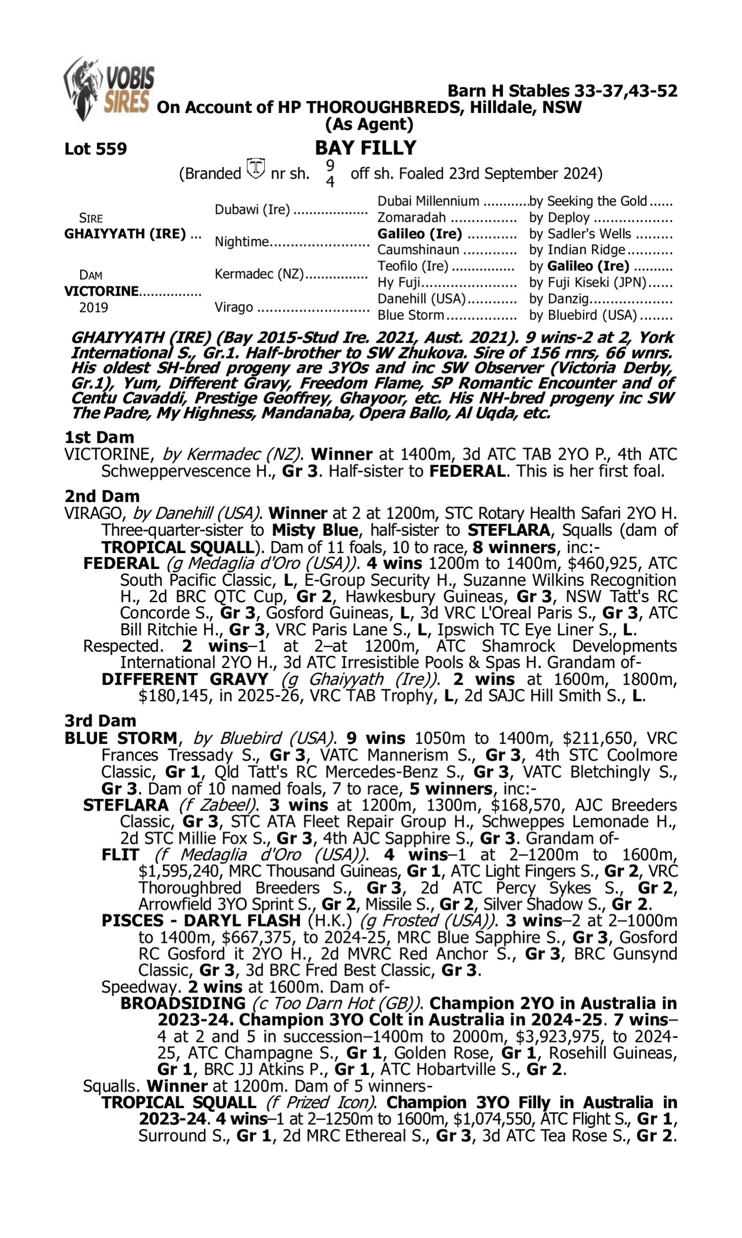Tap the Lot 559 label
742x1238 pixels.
point(95,149)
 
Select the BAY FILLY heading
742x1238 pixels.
point(366,148)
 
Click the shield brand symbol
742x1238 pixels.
point(256,168)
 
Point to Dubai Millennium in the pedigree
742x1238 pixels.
point(428,201)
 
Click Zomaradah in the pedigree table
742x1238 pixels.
point(411,218)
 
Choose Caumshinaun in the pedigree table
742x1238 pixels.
point(417,250)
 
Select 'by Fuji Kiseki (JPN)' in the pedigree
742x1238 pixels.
point(588,283)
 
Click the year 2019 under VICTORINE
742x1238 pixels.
point(93,307)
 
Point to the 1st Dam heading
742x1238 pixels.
point(99,437)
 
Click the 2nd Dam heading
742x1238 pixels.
point(102,496)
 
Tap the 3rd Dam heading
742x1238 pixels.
point(100,721)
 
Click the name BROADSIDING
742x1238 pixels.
point(183,1003)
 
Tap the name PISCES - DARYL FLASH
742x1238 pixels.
point(201,921)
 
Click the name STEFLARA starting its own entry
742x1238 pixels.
point(126,805)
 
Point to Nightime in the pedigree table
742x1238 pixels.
point(241,242)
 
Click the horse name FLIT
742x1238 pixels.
point(120,855)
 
